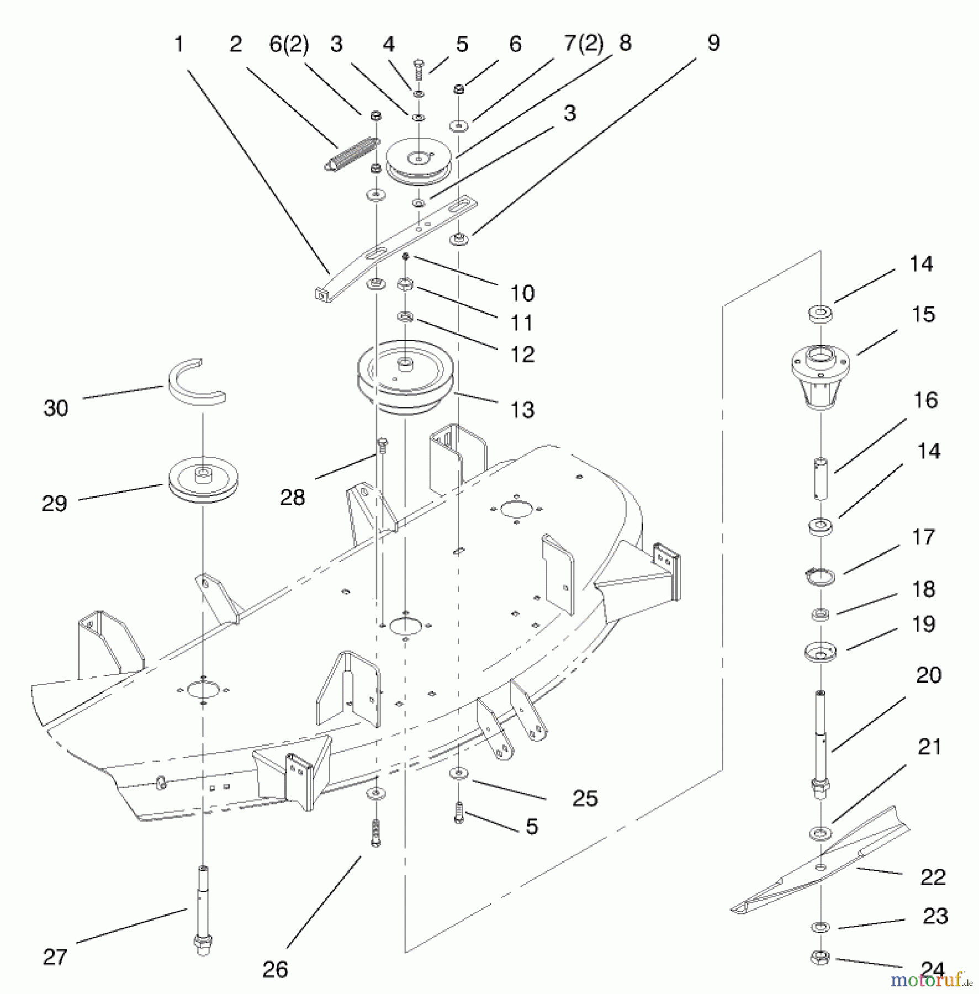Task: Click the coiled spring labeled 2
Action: (x=351, y=154)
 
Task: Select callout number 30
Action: (x=55, y=408)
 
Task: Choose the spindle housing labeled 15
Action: (x=821, y=376)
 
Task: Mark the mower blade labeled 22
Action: (x=820, y=865)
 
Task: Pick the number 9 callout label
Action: (x=713, y=43)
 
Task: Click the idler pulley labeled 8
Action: (x=419, y=162)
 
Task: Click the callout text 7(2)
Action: (x=583, y=44)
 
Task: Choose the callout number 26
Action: (x=275, y=969)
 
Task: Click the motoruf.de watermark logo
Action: (x=930, y=979)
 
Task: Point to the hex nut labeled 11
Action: (x=405, y=284)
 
